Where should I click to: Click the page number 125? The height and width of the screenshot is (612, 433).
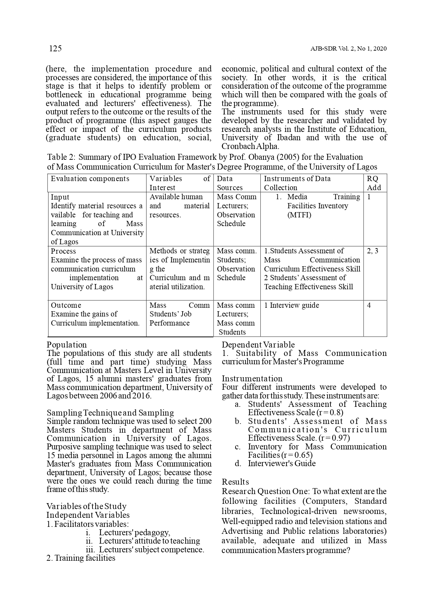coord(55,48)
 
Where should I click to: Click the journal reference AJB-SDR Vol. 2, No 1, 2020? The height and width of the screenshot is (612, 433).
coord(348,49)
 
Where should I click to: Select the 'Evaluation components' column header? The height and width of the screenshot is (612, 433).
coord(90,179)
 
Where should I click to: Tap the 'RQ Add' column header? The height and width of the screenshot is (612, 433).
coord(374,183)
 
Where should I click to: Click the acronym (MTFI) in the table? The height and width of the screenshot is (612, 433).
coord(299,215)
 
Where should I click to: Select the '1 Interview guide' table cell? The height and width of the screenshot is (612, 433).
coord(292,305)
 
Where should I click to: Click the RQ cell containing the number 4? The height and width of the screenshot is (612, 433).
coord(369,305)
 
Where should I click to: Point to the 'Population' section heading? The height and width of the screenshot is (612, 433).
coord(67,345)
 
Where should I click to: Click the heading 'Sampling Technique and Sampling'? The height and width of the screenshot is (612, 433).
coord(110,413)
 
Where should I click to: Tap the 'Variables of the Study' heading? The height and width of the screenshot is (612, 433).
coord(87,506)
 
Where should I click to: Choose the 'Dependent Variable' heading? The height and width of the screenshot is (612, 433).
coord(258,345)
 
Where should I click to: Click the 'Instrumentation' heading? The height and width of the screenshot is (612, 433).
coord(252,379)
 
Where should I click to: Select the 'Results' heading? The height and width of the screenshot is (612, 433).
coord(236,482)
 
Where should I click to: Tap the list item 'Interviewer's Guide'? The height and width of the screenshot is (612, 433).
coord(282,463)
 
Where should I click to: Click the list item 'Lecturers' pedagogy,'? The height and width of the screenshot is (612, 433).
coord(134,532)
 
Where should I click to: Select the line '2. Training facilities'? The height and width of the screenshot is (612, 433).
coord(81,558)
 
